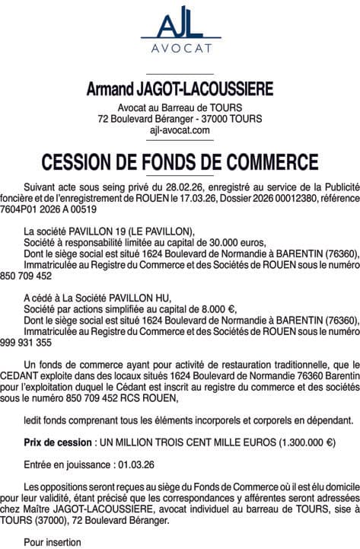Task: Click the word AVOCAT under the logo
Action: click(x=180, y=54)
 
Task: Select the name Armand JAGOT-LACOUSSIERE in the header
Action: click(x=180, y=91)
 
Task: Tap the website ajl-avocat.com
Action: click(x=180, y=130)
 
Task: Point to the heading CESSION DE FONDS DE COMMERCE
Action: click(x=180, y=161)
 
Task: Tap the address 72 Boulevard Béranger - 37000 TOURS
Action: click(x=180, y=120)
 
